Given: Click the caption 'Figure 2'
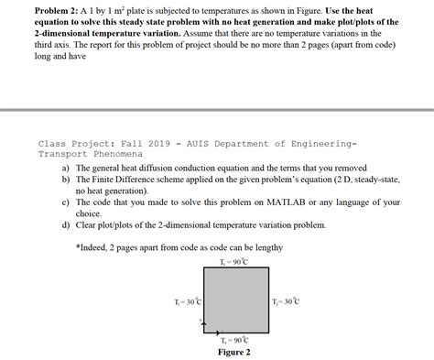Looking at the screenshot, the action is pyautogui.click(x=234, y=351).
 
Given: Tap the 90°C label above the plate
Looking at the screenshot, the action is pyautogui.click(x=233, y=262).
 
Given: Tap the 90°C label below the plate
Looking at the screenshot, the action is pyautogui.click(x=234, y=339).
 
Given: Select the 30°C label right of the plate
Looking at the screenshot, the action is pyautogui.click(x=285, y=301).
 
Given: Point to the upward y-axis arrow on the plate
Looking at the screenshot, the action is pyautogui.click(x=206, y=322).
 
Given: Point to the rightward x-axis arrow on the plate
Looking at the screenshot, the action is pyautogui.click(x=221, y=331).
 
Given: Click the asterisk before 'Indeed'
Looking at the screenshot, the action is pyautogui.click(x=79, y=247).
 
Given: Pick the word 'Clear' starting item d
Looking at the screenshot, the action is pyautogui.click(x=89, y=224).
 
